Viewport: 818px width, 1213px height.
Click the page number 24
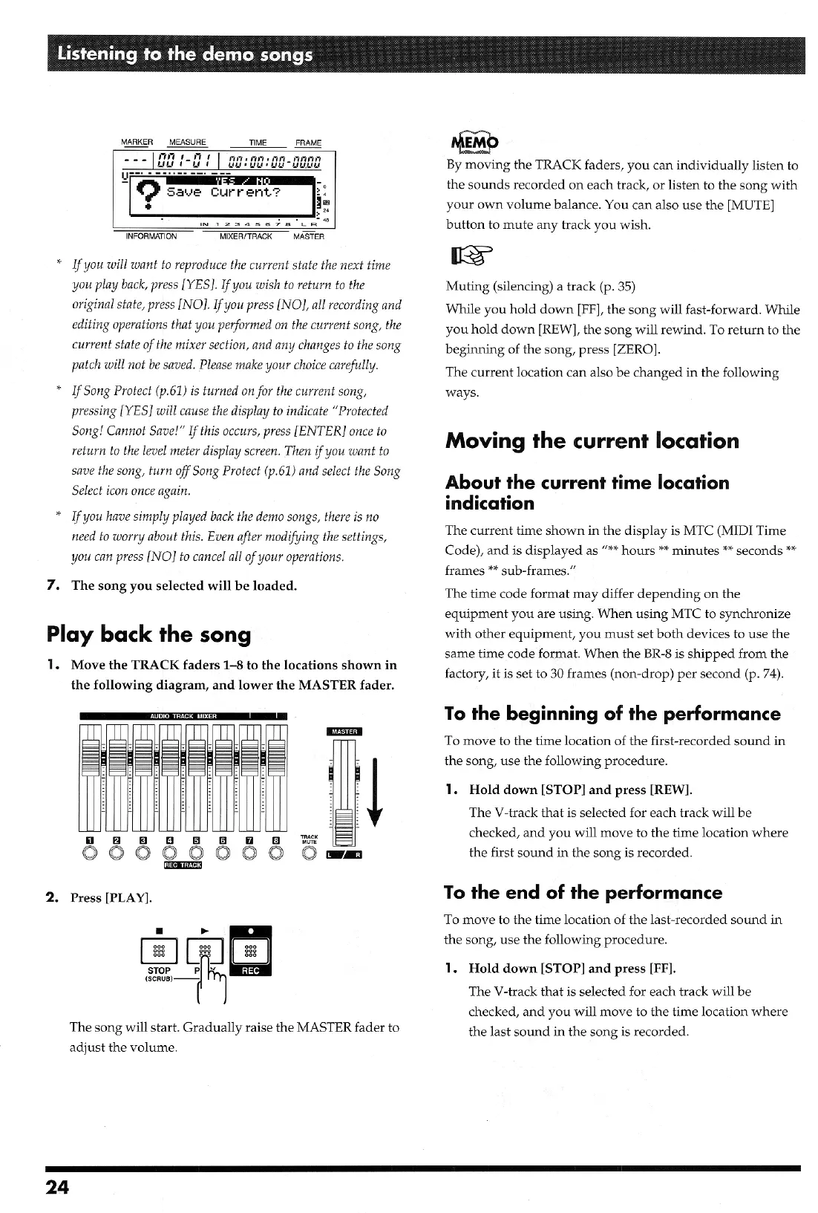[x=57, y=1187]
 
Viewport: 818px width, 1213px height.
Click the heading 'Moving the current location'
[x=592, y=440]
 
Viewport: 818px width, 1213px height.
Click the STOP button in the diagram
[x=159, y=951]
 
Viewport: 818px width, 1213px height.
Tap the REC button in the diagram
[x=251, y=951]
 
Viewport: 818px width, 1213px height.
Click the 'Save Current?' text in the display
[x=223, y=192]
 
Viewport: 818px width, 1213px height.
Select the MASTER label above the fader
[x=344, y=732]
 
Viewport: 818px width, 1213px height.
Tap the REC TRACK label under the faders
[x=182, y=865]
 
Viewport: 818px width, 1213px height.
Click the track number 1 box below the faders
[x=91, y=841]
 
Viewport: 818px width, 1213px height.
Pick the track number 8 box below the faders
[x=276, y=841]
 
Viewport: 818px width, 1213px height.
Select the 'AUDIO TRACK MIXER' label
[x=183, y=716]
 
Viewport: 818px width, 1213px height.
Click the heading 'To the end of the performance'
[x=583, y=892]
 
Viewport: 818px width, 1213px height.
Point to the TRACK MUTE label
[x=309, y=839]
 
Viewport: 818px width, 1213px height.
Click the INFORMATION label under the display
[x=151, y=237]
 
